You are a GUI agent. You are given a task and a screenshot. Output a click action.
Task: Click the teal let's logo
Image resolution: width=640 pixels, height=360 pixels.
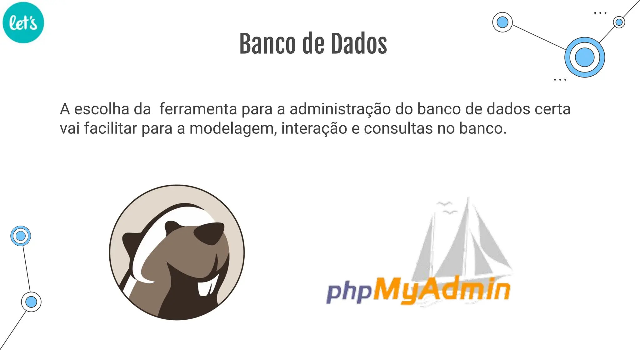(23, 22)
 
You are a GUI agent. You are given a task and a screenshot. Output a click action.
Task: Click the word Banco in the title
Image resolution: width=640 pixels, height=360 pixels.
(267, 44)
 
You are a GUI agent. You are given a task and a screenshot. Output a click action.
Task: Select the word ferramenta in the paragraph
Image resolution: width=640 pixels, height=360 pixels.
(198, 109)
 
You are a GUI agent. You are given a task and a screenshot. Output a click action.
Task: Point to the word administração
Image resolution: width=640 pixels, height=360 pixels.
(340, 109)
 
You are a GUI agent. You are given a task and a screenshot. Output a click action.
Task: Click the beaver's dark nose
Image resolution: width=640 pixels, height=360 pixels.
(209, 233)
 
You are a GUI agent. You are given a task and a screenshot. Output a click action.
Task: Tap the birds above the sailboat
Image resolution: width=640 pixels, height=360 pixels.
(446, 208)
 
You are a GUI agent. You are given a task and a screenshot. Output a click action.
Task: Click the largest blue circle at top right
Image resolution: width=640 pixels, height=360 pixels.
(584, 57)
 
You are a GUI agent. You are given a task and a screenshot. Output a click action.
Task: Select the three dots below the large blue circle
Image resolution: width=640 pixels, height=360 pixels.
(560, 80)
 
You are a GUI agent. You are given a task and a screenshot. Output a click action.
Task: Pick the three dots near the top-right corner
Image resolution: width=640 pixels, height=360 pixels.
(600, 13)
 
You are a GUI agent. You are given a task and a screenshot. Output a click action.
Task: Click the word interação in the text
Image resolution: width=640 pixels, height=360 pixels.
(314, 128)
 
